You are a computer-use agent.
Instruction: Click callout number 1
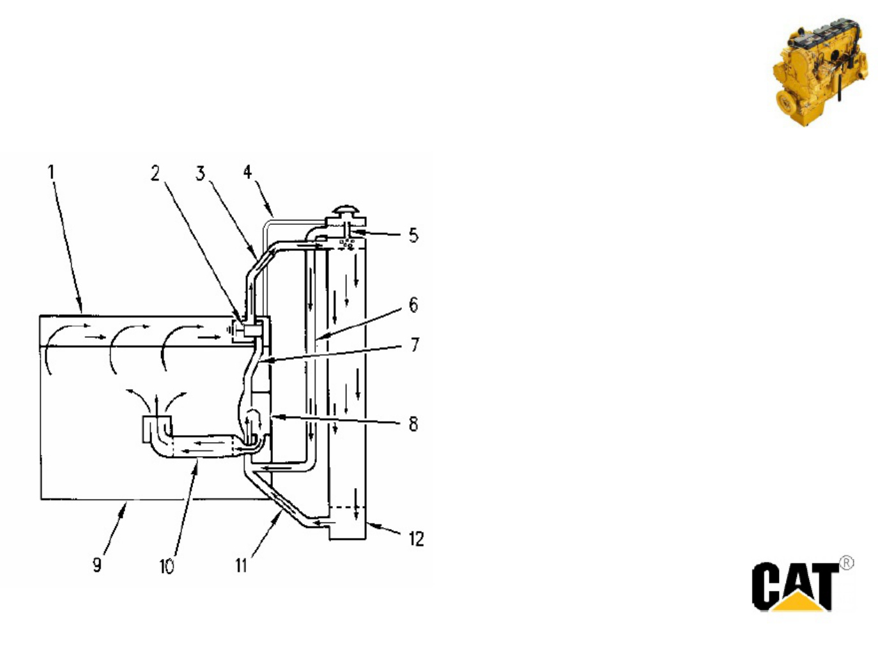click(x=50, y=172)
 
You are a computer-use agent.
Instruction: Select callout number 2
click(x=155, y=173)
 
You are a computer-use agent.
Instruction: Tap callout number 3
click(x=201, y=173)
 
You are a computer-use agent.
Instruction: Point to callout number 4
click(x=247, y=172)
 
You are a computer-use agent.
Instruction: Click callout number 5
click(x=413, y=235)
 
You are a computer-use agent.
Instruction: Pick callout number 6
click(x=413, y=305)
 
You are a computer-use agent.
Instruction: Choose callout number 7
click(x=415, y=344)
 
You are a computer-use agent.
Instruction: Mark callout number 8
click(x=413, y=424)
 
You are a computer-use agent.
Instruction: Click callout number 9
click(x=96, y=565)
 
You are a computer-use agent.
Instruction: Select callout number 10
click(x=167, y=566)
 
